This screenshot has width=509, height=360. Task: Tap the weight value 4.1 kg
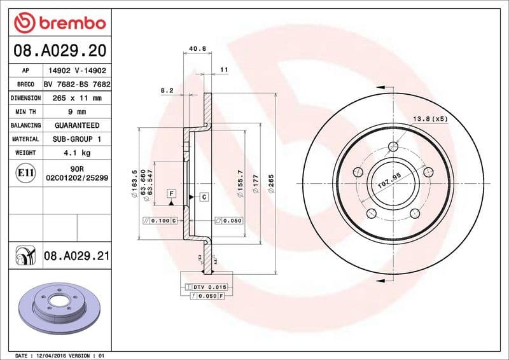[77, 153]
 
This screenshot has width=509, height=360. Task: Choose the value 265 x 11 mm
[77, 98]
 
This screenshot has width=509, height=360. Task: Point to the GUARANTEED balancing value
[77, 125]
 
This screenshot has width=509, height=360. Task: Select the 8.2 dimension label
[167, 90]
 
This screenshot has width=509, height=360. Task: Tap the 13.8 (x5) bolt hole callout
[431, 119]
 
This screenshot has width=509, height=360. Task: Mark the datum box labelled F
[171, 193]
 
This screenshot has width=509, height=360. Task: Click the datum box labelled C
[204, 197]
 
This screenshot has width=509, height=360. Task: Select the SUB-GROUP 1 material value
[77, 139]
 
